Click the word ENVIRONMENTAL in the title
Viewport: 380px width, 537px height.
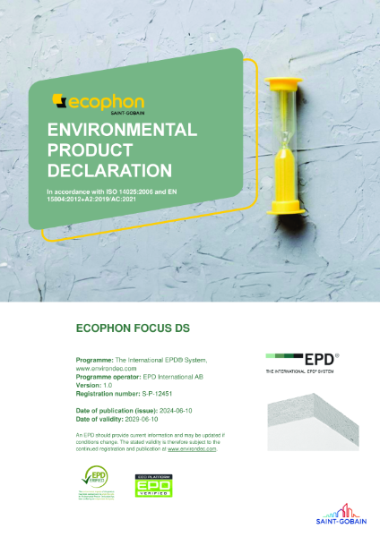[x=122, y=130]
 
